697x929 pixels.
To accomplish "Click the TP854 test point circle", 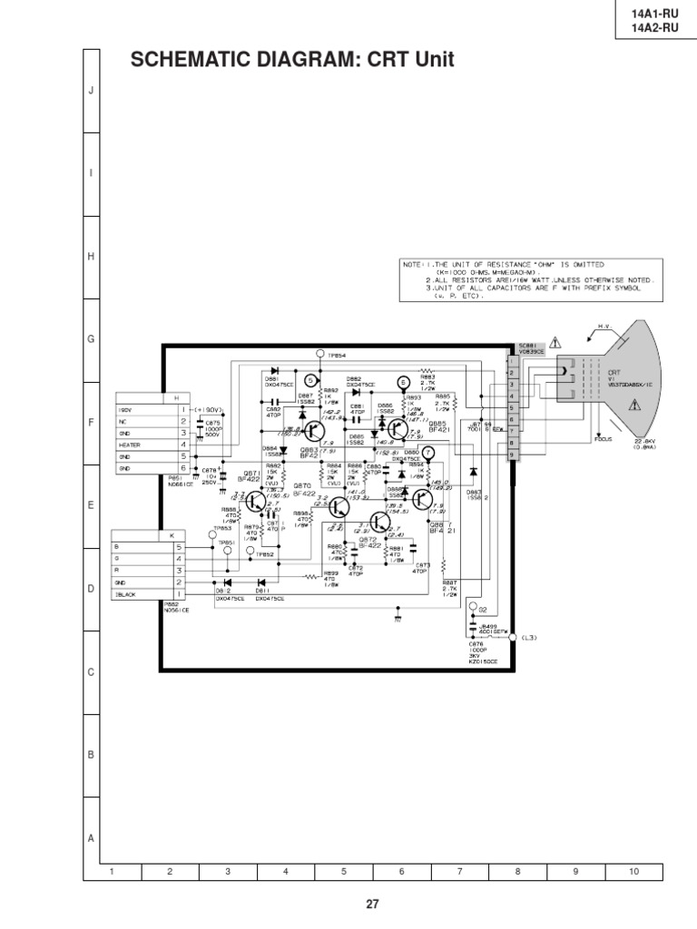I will click(319, 352).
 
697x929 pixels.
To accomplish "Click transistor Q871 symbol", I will click(257, 500).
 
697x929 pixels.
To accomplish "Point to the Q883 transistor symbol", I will click(314, 431).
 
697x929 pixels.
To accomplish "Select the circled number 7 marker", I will click(428, 452).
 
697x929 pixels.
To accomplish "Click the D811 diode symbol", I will click(262, 582).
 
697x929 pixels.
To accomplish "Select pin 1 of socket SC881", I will click(513, 361).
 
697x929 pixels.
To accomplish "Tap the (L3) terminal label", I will click(529, 638).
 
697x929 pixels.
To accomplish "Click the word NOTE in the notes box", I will click(413, 264).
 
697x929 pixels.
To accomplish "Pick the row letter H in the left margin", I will click(91, 257).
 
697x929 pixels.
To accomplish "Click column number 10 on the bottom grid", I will click(633, 871).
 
